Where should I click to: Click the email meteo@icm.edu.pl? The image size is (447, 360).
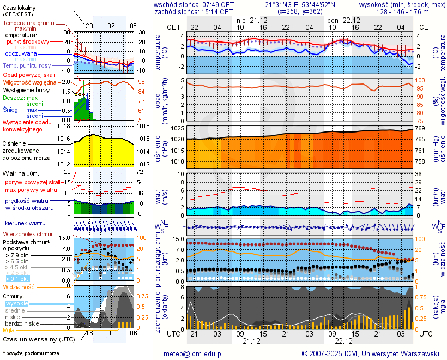[194, 353]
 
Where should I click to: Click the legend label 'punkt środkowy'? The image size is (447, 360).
[28, 41]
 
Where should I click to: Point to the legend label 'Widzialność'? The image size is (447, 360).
[19, 286]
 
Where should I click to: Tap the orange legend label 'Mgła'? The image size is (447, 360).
[9, 330]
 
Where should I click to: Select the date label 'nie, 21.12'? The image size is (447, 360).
[249, 20]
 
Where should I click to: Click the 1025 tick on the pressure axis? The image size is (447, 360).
[176, 128]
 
